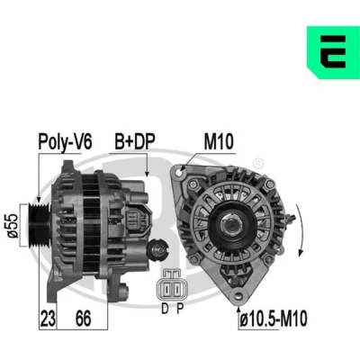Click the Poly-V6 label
[x=65, y=141]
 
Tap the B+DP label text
[x=135, y=141]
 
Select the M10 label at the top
[x=219, y=141]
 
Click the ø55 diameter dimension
[x=13, y=226]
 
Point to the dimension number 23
[x=48, y=319]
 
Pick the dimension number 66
[x=83, y=319]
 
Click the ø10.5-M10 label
[x=274, y=319]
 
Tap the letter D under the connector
[x=165, y=309]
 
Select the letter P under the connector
[x=179, y=309]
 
